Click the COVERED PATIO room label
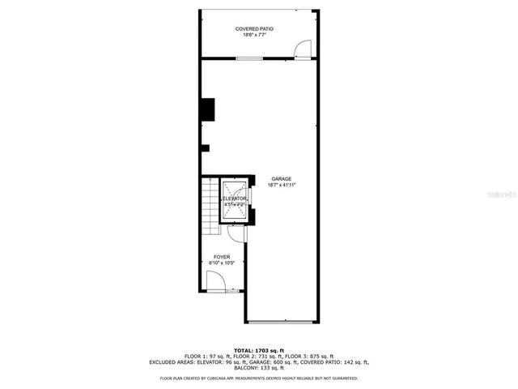pyautogui.click(x=254, y=28)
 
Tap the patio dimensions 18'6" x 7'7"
pyautogui.click(x=254, y=35)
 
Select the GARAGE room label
pyautogui.click(x=282, y=179)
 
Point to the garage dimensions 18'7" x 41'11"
pyautogui.click(x=282, y=186)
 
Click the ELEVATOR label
pyautogui.click(x=236, y=199)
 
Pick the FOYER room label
pyautogui.click(x=221, y=256)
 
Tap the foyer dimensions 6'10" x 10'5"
pyautogui.click(x=221, y=263)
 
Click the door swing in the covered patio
pyautogui.click(x=302, y=49)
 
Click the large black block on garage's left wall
pyautogui.click(x=208, y=109)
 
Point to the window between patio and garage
pyautogui.click(x=248, y=58)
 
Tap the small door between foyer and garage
pyautogui.click(x=235, y=234)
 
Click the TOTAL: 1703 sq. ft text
pyautogui.click(x=259, y=348)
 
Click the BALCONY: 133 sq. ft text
pyautogui.click(x=259, y=368)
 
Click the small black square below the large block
pyautogui.click(x=205, y=147)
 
